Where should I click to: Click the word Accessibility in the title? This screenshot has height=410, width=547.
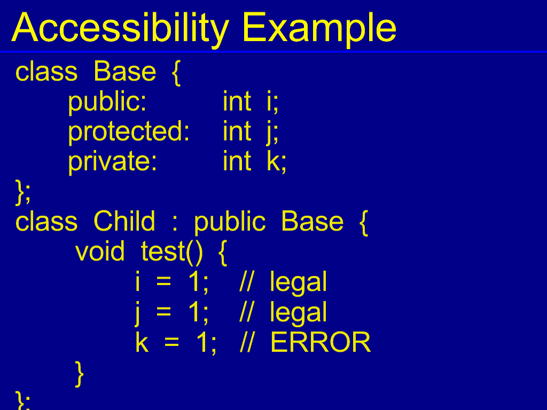pos(120,28)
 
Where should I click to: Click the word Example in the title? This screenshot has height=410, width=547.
pos(319,28)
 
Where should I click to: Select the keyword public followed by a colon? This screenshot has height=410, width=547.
pos(107,102)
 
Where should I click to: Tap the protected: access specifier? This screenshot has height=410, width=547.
pos(129,132)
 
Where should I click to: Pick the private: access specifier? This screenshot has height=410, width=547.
pos(112,162)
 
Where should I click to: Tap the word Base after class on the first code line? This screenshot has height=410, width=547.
pos(124,72)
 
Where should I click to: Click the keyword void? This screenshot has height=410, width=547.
pos(100,251)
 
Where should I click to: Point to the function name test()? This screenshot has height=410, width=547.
pos(171,252)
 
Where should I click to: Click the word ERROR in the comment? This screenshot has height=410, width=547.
pos(321,342)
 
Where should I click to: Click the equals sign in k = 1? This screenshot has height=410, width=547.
pos(171,342)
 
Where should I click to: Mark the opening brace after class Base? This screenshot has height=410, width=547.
pos(176,73)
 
